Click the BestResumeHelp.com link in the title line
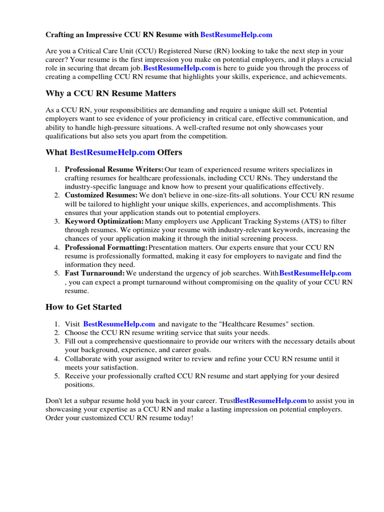pos(236,34)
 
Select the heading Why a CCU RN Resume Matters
pos(110,93)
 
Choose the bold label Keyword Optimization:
pos(104,221)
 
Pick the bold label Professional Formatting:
pos(106,247)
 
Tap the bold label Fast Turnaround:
pos(94,273)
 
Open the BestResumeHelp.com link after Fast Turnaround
pos(315,273)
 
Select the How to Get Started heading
pos(83,306)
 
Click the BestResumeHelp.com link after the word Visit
pos(119,324)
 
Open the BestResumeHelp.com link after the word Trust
pos(270,400)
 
